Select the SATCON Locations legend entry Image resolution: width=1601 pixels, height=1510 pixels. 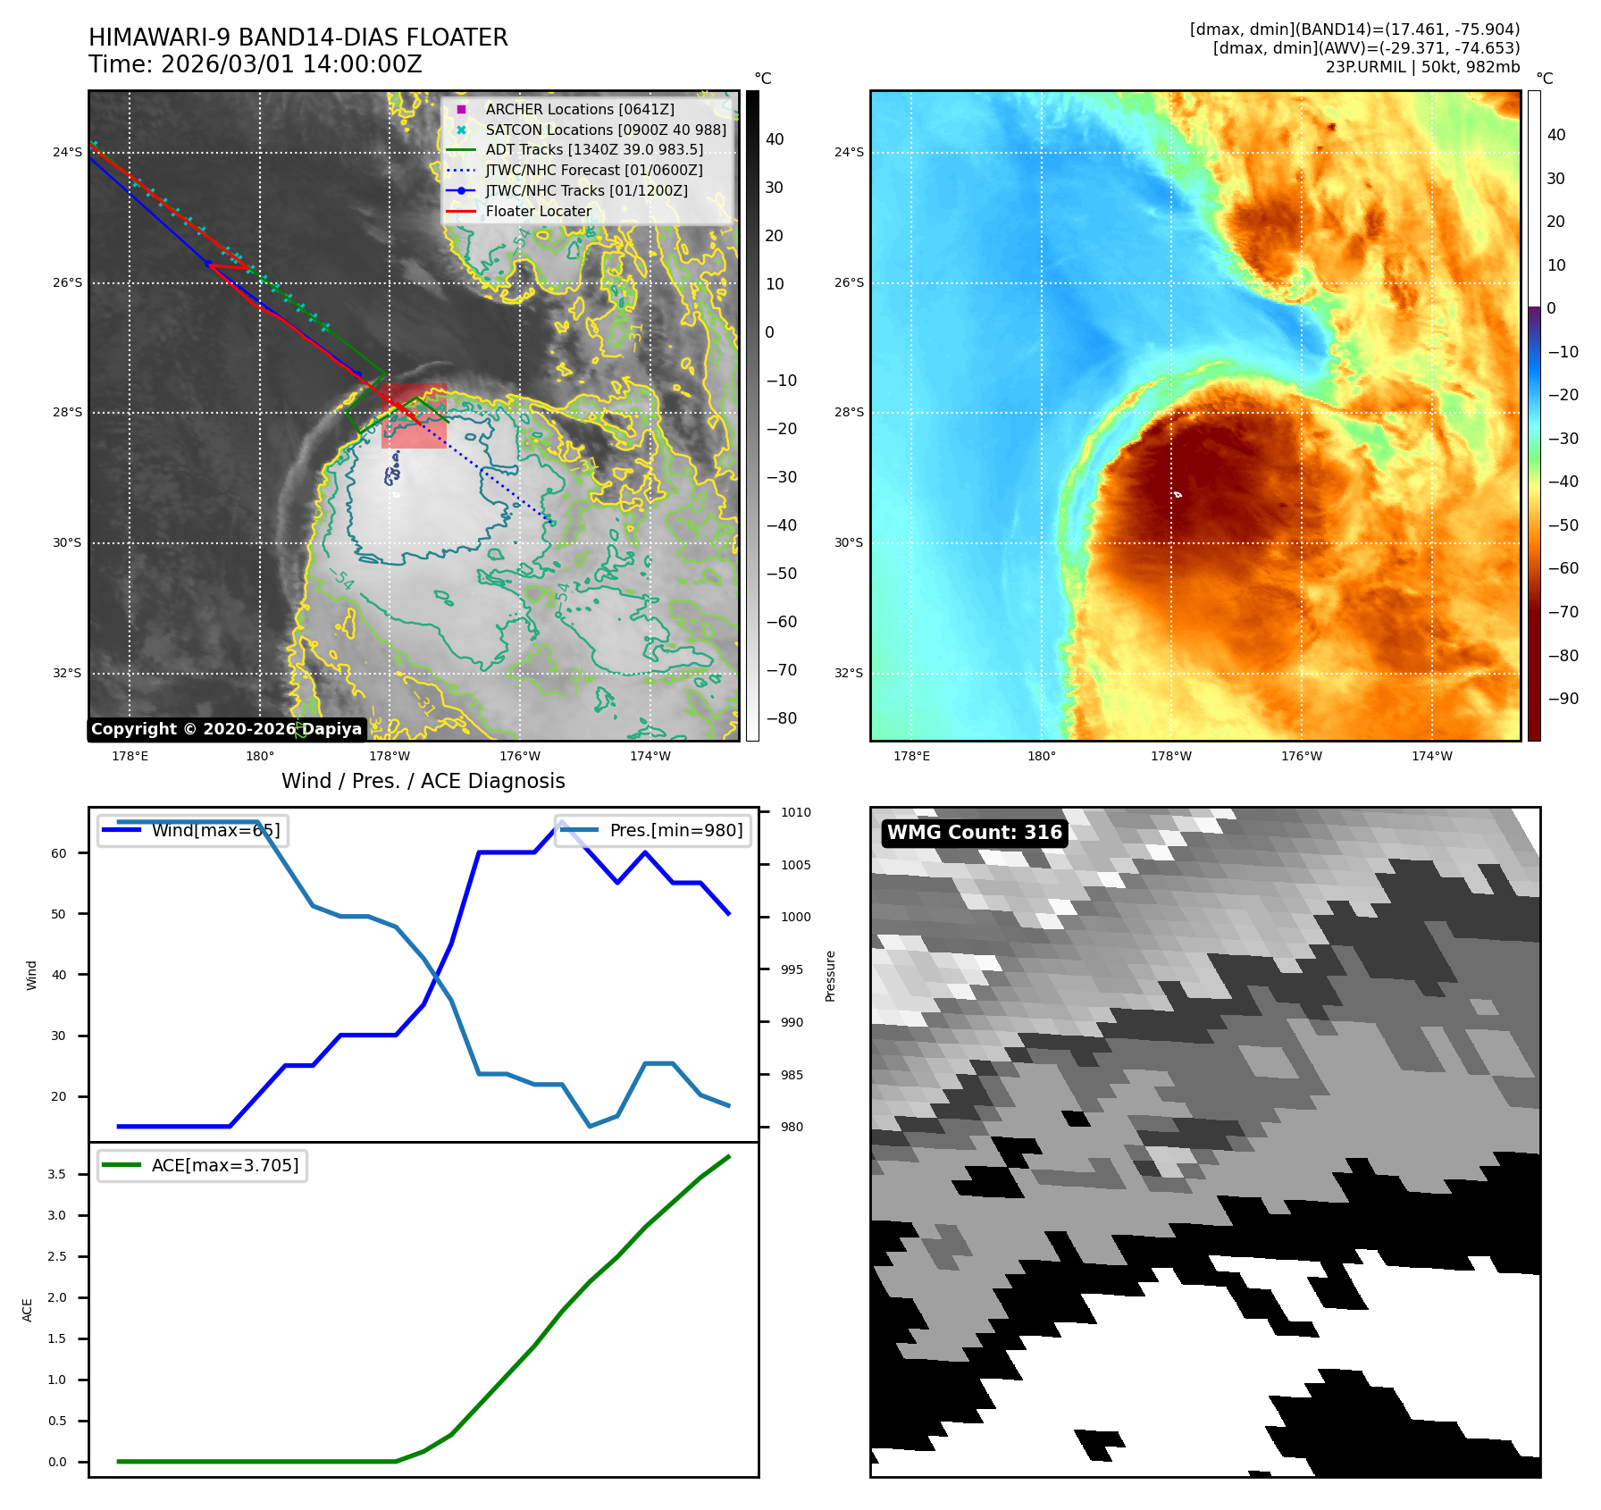tap(605, 130)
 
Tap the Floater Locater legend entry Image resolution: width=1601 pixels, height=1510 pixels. tap(538, 212)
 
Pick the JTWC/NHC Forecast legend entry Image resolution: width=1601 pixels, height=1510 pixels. tap(593, 171)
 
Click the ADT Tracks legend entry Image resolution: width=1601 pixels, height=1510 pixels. tap(593, 150)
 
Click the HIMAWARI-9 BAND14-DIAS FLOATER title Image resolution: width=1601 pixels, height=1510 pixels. tap(298, 38)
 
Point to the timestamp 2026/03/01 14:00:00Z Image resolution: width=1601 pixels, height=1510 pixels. tap(256, 64)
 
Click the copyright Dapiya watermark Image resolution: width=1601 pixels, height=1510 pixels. tap(226, 729)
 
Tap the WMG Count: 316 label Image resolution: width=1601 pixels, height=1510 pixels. tap(974, 833)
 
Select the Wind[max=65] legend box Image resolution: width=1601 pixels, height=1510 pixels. tap(192, 831)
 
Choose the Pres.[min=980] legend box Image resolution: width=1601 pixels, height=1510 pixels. tap(652, 831)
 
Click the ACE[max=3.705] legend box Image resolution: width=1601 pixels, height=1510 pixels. tap(202, 1166)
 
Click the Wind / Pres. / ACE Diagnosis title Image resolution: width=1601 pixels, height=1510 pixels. tap(423, 781)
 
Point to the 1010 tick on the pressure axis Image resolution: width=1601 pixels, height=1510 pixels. tap(795, 812)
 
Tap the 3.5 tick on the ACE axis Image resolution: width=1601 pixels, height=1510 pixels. tap(57, 1174)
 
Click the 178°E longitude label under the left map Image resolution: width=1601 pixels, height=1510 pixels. tap(130, 756)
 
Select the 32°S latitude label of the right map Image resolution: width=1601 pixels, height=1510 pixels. tap(849, 673)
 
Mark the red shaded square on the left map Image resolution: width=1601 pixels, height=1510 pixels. tap(414, 416)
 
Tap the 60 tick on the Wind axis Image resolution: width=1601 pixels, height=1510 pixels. tap(59, 853)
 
